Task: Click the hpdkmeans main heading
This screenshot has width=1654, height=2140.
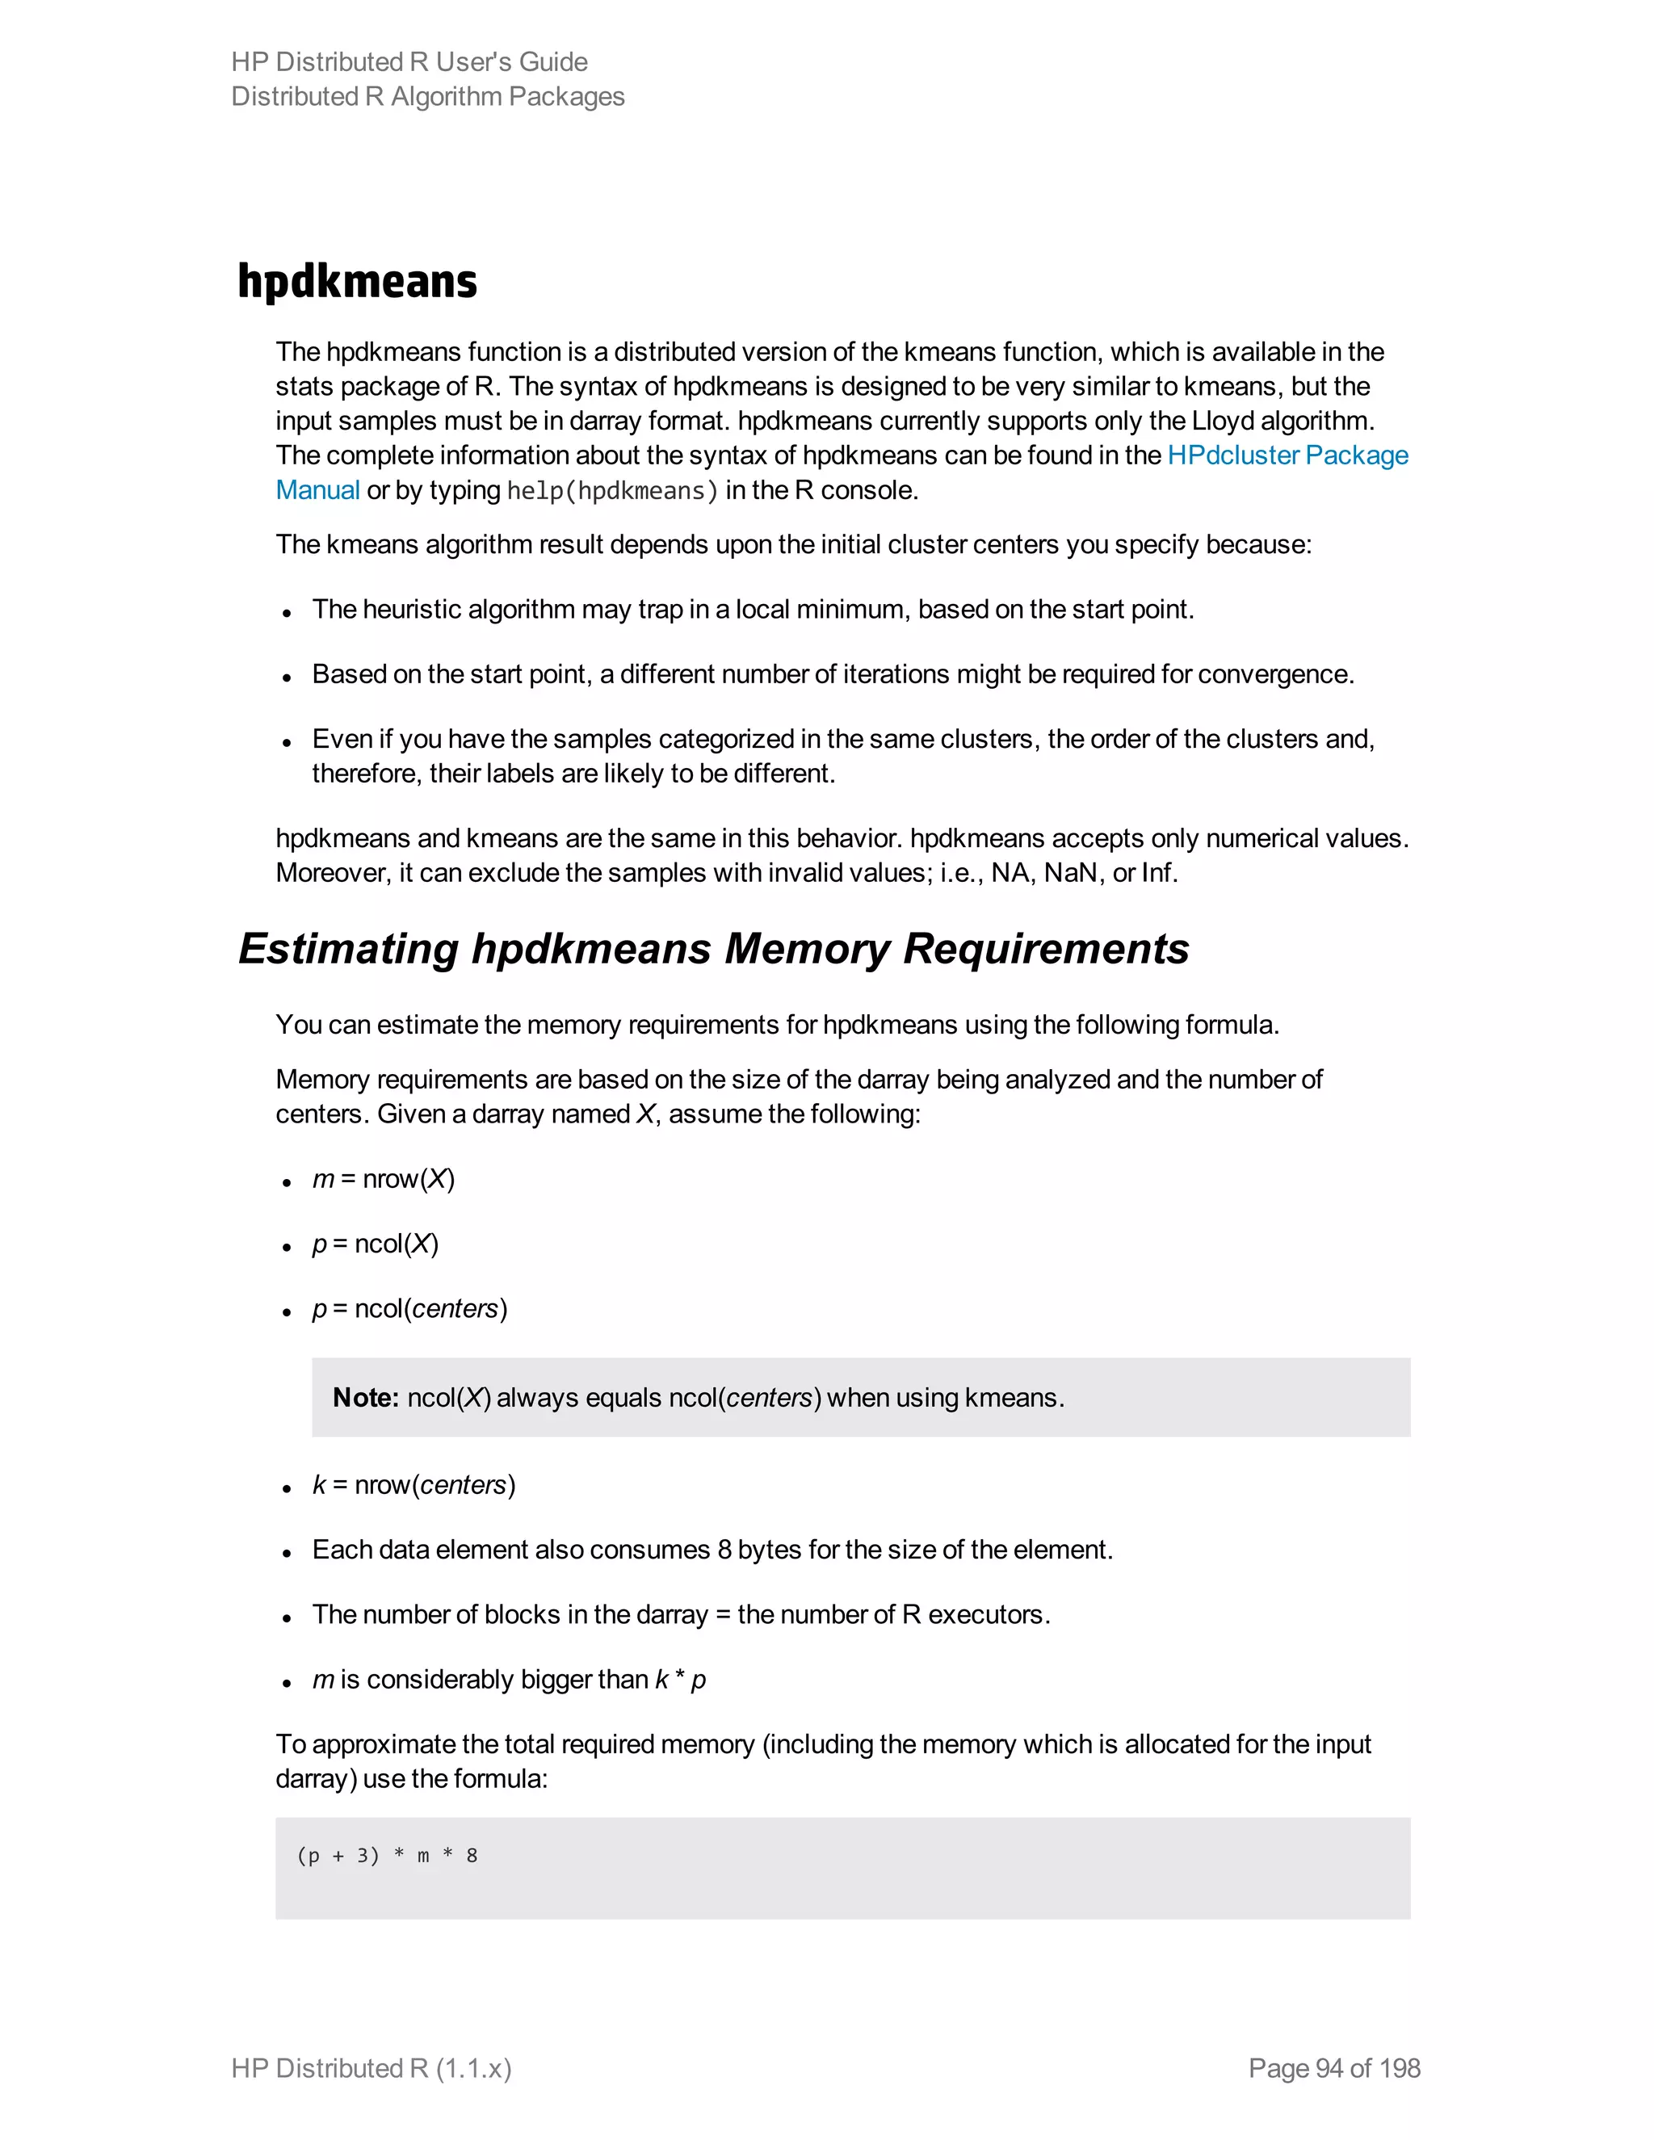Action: [357, 281]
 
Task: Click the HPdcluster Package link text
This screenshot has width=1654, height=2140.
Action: [1287, 455]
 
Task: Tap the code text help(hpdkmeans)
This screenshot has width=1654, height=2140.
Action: [612, 491]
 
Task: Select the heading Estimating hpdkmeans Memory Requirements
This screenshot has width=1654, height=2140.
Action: [712, 949]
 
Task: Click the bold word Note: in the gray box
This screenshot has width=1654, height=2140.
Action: [364, 1397]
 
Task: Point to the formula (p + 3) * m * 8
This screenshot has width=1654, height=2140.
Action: [387, 1855]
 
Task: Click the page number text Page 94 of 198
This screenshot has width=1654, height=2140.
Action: [1333, 2068]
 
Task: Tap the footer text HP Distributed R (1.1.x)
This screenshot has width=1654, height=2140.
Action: [372, 2068]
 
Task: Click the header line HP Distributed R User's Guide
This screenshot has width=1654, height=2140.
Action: [409, 61]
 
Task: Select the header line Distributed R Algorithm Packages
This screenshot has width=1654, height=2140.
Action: [427, 96]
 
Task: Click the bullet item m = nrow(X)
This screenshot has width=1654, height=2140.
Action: [383, 1179]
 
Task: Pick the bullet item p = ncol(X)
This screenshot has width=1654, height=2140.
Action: [376, 1244]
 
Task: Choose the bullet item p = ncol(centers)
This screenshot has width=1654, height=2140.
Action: [409, 1309]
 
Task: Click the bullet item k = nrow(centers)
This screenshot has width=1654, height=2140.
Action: [413, 1485]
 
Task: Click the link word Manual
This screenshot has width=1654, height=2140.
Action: [317, 491]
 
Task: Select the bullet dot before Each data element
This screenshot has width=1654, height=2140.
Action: [287, 1553]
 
